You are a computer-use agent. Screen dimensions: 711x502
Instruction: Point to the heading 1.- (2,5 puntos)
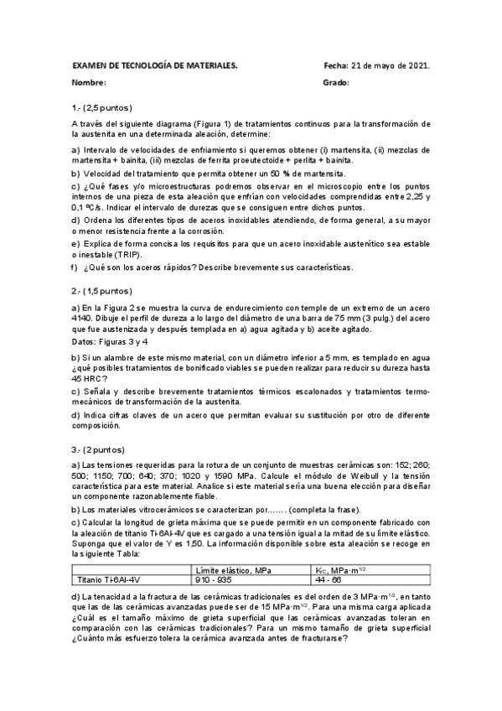click(x=102, y=108)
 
